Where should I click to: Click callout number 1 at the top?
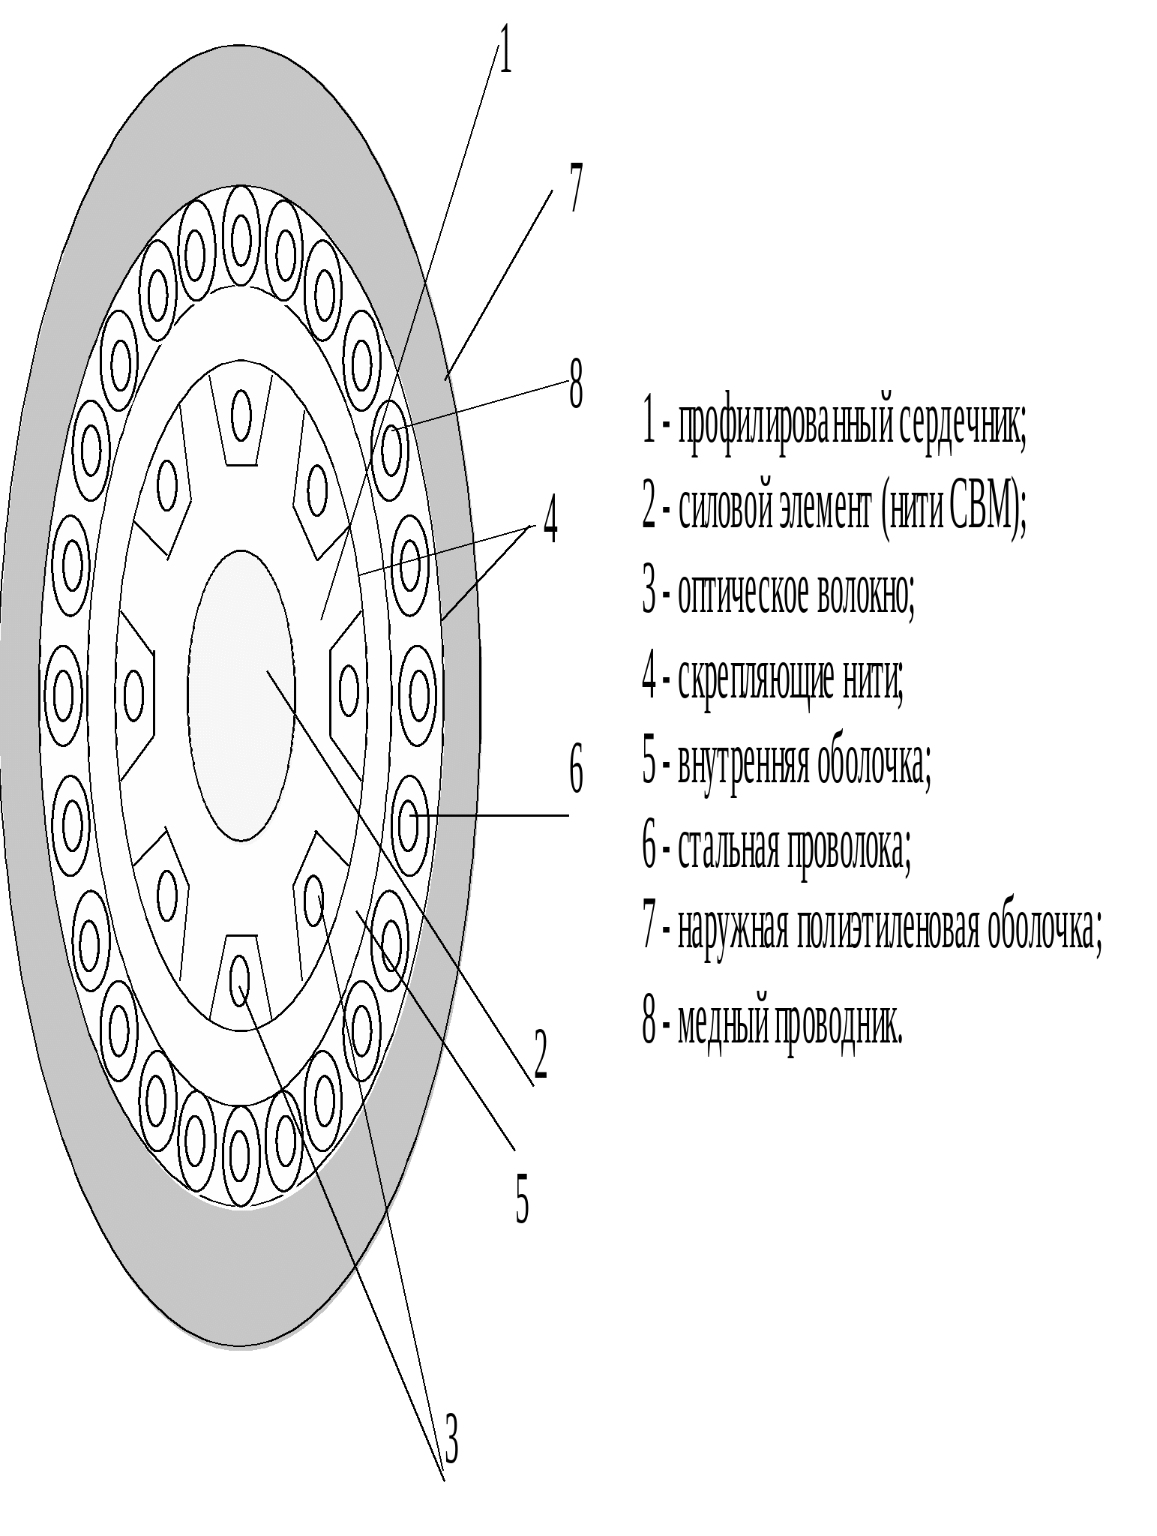[x=505, y=49]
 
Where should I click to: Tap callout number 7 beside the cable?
[x=575, y=187]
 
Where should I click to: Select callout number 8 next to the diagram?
[x=576, y=383]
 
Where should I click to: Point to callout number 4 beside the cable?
[x=550, y=518]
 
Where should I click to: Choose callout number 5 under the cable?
[x=522, y=1199]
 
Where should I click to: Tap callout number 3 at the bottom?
[x=451, y=1438]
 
